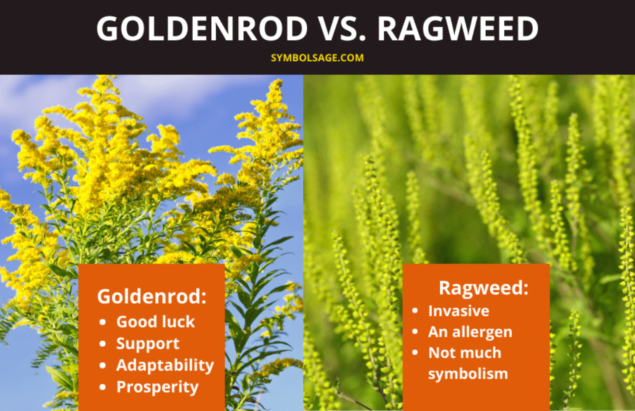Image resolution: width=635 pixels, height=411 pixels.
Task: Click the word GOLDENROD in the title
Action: coord(202,29)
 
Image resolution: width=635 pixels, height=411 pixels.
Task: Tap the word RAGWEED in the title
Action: coord(458,29)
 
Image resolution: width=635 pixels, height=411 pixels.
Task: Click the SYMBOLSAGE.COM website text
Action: coord(317,58)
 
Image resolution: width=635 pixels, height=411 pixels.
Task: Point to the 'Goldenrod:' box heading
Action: coord(152,296)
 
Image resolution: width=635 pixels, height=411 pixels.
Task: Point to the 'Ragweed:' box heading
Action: coord(483,287)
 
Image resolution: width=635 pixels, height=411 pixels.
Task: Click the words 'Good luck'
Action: coord(155,322)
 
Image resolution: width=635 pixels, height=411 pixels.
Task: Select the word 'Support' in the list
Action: coord(148,344)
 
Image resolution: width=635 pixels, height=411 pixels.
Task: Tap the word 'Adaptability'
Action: coord(165,365)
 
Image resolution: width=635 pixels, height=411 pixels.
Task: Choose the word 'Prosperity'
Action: coord(157,387)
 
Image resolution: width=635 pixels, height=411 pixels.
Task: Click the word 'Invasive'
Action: coord(458,311)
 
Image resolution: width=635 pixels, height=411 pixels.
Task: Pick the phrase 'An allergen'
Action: coord(470,332)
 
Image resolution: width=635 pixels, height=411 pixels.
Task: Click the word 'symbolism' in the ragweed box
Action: coord(468,374)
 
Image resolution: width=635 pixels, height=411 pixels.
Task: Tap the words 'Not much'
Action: coord(465,353)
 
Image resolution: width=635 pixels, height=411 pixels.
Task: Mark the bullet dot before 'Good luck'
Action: coord(103,322)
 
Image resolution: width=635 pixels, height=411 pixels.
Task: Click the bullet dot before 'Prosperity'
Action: coord(103,387)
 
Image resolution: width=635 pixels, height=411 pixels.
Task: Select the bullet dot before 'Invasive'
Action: coord(415,311)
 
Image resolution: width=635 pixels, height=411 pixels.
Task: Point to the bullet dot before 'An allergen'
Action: coord(415,332)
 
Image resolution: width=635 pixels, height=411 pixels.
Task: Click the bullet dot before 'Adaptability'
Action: coord(103,366)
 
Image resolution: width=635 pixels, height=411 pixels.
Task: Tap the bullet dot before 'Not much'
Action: coord(415,353)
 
